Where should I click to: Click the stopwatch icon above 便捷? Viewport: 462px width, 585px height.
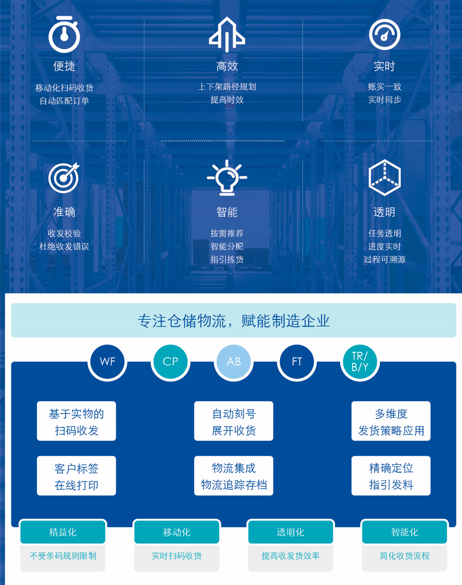64,34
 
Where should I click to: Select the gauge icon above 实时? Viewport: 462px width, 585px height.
384,34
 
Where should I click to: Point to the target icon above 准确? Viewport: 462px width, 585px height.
64,178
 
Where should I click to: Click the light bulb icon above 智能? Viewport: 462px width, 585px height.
227,177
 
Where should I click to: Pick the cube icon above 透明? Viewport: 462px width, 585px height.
384,177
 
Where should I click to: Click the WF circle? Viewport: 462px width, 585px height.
107,361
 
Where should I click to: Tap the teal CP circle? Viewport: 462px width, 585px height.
170,361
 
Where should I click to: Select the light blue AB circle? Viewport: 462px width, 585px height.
234,361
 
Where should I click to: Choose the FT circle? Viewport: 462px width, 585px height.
297,361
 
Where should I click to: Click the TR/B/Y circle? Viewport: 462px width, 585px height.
360,361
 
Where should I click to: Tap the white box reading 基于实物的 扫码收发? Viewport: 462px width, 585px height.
76,421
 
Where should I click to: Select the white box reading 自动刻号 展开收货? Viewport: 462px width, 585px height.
234,421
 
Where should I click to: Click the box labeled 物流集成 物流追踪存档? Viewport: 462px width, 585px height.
234,476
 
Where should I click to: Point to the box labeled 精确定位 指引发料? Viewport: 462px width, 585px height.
391,476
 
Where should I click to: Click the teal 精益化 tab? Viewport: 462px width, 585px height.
63,532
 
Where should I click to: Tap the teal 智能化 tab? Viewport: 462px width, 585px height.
405,532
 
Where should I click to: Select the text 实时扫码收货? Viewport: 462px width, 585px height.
176,556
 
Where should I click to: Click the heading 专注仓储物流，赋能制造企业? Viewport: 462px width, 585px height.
234,321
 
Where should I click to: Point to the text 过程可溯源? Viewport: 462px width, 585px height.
384,259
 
